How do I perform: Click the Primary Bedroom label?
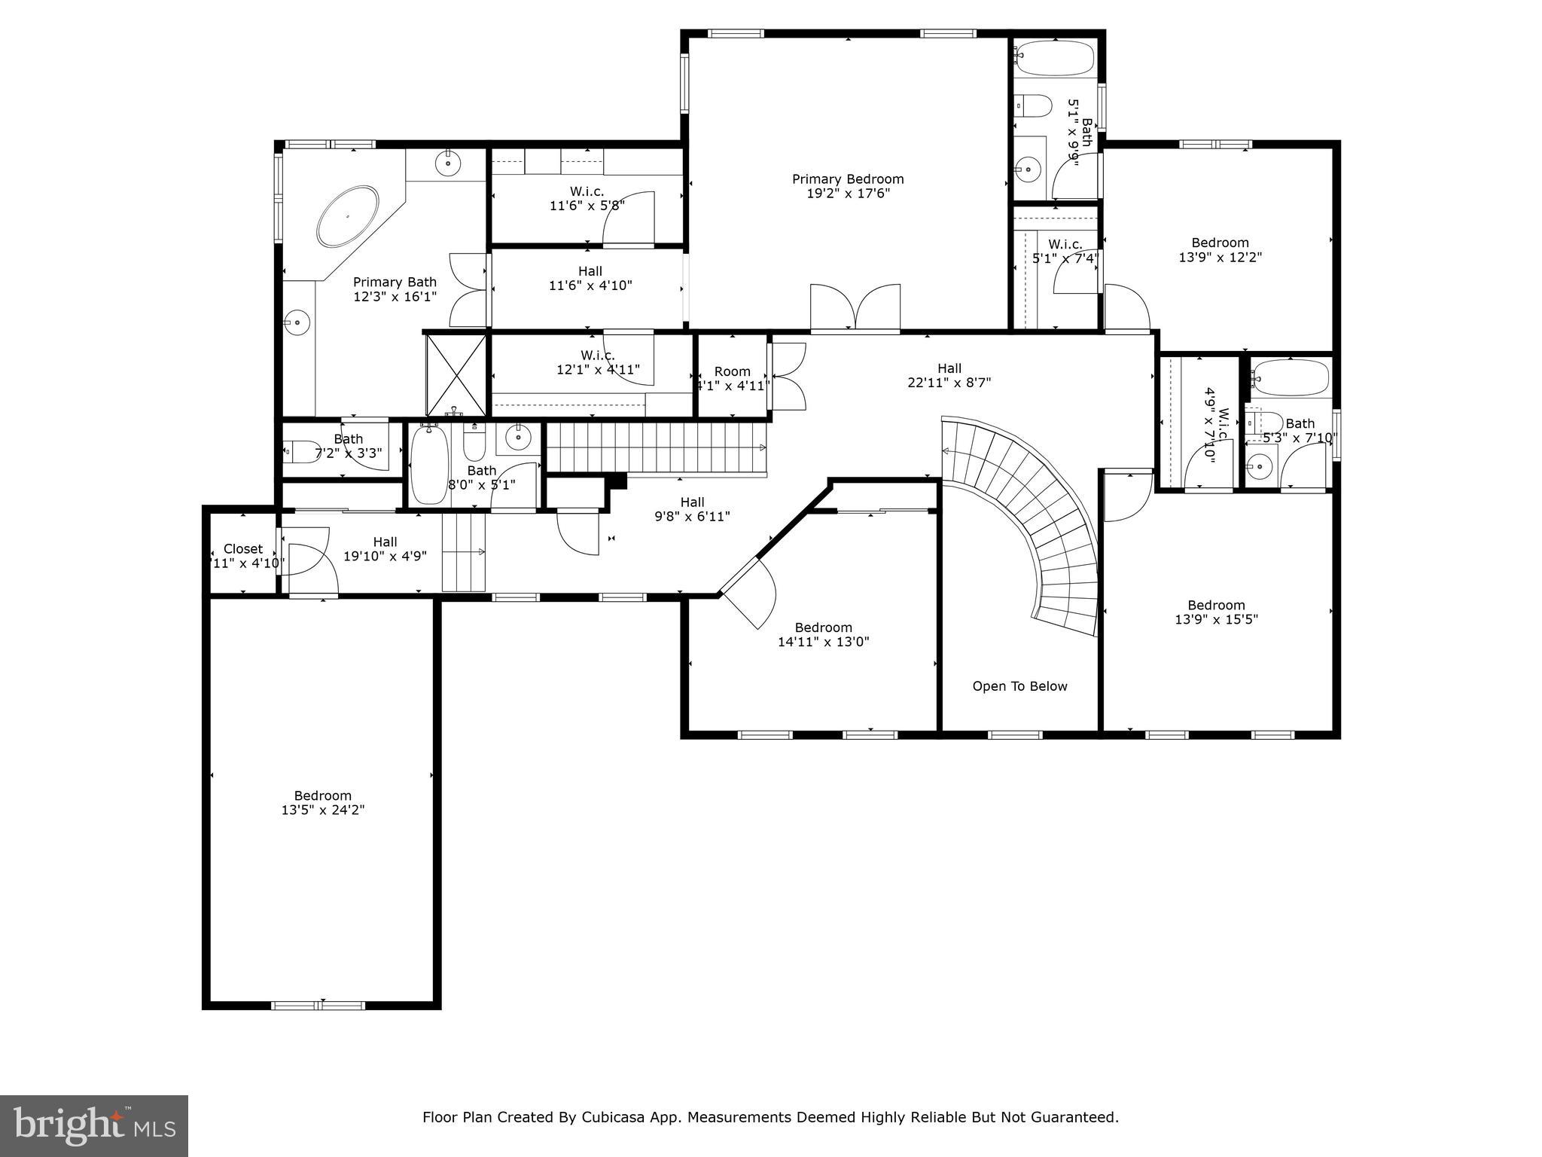point(848,179)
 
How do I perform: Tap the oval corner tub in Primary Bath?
point(348,216)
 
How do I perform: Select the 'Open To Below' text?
point(1019,686)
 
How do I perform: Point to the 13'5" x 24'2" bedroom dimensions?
point(323,811)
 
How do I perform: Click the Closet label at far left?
point(243,549)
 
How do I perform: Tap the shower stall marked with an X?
point(457,374)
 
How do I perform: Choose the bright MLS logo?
point(94,1125)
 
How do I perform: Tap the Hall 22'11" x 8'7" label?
point(949,375)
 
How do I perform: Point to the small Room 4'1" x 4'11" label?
point(732,379)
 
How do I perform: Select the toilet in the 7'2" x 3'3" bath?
point(302,452)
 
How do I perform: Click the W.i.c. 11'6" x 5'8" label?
point(587,198)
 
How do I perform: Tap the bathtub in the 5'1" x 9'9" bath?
point(1054,59)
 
